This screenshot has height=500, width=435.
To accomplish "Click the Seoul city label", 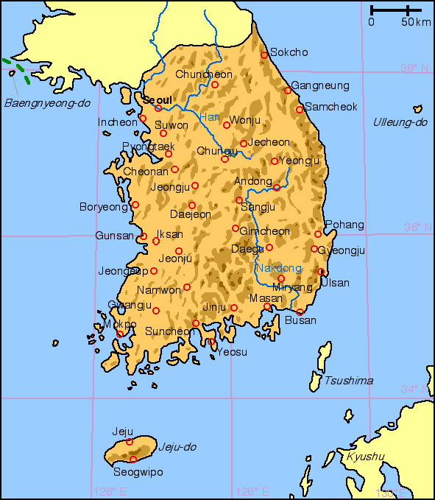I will pos(157,99).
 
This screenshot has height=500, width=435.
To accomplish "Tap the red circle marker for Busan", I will pos(300,312).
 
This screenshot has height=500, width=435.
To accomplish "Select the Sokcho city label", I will pos(289,52).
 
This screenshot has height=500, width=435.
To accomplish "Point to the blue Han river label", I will pos(210,117).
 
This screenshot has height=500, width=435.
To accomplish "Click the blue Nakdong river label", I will pos(279,267).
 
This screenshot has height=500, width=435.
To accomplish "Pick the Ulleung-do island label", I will pos(400,122).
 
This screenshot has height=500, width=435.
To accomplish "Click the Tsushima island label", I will pos(349,381).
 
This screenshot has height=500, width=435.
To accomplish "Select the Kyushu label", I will pos(366,457).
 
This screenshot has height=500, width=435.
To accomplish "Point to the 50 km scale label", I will pos(416,22).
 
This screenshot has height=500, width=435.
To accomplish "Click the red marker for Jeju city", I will pos(130,442).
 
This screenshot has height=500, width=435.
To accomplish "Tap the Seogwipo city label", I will pos(138,472).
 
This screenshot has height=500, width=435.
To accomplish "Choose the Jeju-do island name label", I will pos(178,446).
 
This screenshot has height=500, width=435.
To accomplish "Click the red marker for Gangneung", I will pos(288,91).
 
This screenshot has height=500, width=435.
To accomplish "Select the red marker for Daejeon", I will pos(192,205).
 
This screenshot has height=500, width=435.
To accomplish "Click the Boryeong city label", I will pos(104,207).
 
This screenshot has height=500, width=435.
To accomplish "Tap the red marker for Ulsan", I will pos(321,272).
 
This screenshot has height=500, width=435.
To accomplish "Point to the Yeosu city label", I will pos(232,352).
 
